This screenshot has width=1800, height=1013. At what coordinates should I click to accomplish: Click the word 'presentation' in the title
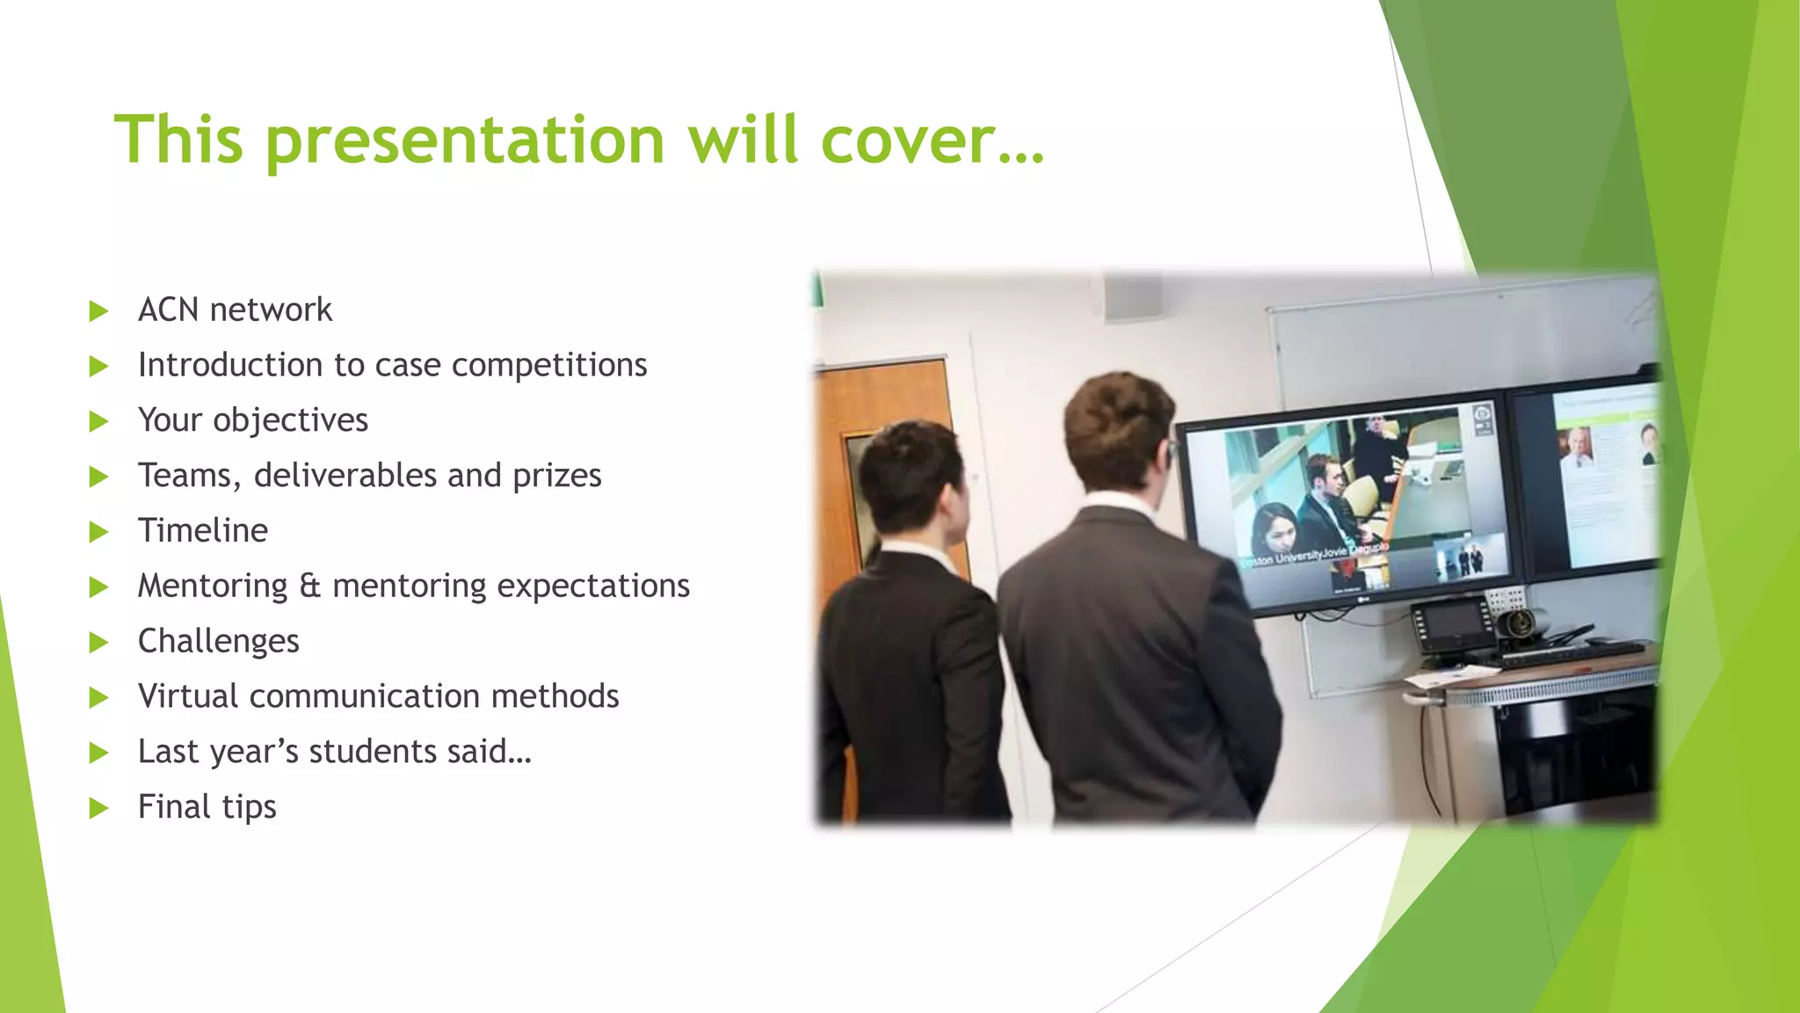coord(465,141)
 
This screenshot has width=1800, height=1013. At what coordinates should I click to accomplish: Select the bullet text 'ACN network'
coord(235,310)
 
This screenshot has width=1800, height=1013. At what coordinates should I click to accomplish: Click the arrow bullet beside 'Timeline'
coord(98,532)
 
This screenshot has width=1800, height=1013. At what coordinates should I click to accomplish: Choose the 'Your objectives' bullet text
coord(253,420)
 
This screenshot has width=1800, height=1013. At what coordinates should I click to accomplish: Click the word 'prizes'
coord(557,476)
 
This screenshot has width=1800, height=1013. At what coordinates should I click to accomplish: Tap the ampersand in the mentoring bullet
coord(310,586)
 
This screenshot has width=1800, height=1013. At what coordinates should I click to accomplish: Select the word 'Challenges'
coord(219,641)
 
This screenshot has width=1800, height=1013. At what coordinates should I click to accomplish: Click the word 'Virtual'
coord(188,696)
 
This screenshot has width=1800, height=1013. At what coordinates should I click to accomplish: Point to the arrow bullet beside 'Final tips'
coord(98,808)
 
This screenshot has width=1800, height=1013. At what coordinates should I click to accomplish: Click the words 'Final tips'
coord(207,807)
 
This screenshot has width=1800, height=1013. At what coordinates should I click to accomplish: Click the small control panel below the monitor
coord(1451,624)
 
